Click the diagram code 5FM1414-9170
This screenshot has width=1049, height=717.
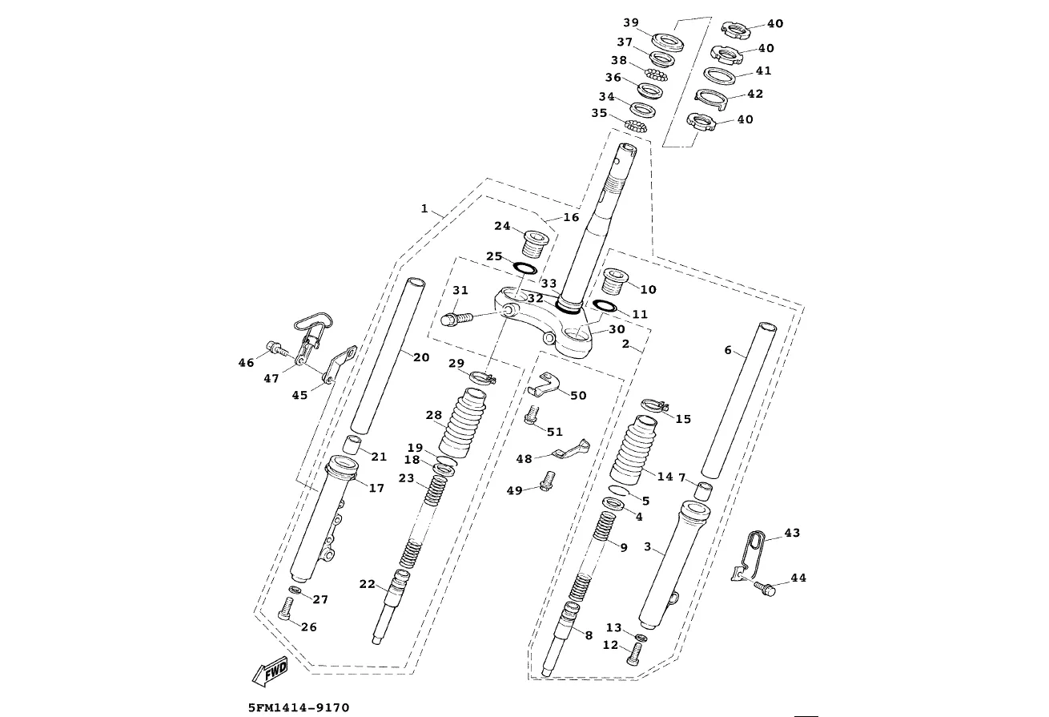pos(299,707)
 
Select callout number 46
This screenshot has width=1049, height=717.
pos(246,363)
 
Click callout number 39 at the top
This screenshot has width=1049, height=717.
pos(631,22)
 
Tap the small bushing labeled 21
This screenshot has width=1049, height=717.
pos(353,445)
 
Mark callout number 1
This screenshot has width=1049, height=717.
pos(424,208)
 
